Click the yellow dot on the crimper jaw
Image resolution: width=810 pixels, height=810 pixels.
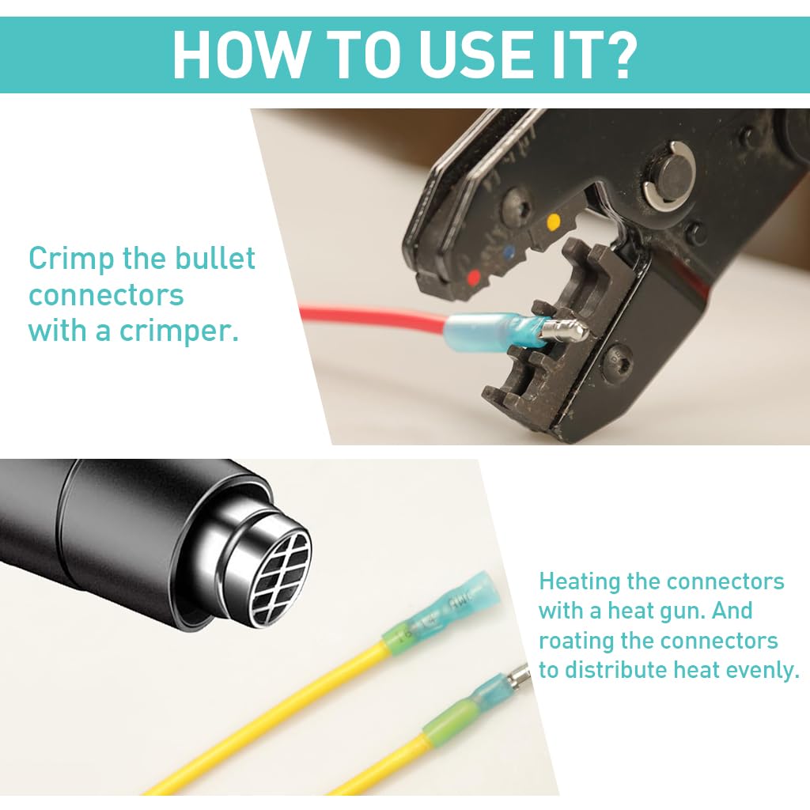point(553,222)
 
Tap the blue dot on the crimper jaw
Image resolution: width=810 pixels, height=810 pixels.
point(509,252)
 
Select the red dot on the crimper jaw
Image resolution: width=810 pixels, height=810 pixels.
point(473,278)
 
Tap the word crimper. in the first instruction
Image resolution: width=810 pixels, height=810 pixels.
point(179,331)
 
